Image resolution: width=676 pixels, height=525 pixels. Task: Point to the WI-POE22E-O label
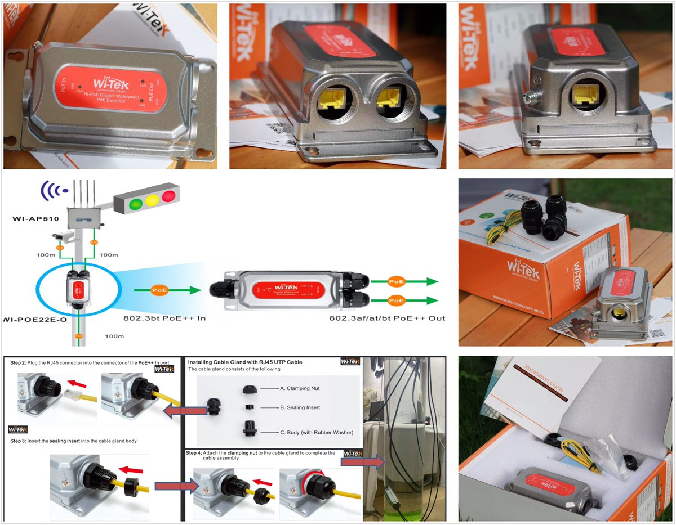point(34,319)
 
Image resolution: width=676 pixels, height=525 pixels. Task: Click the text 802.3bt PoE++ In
point(164,318)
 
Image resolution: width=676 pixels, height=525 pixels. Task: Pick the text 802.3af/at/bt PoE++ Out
point(387,318)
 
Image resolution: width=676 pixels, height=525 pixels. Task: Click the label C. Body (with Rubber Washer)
point(317,432)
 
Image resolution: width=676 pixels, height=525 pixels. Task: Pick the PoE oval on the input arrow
point(158,290)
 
